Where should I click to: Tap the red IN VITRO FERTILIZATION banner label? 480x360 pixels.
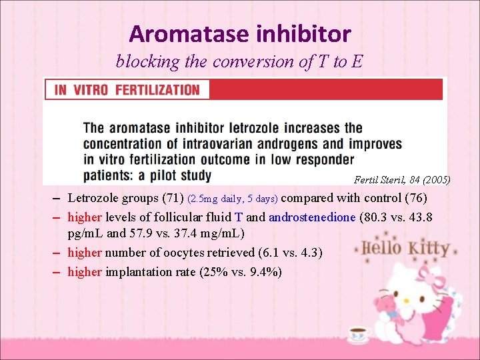(x=127, y=89)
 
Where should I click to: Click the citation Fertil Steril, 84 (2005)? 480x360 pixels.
(x=402, y=180)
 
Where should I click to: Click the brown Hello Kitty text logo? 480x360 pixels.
(x=403, y=249)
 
